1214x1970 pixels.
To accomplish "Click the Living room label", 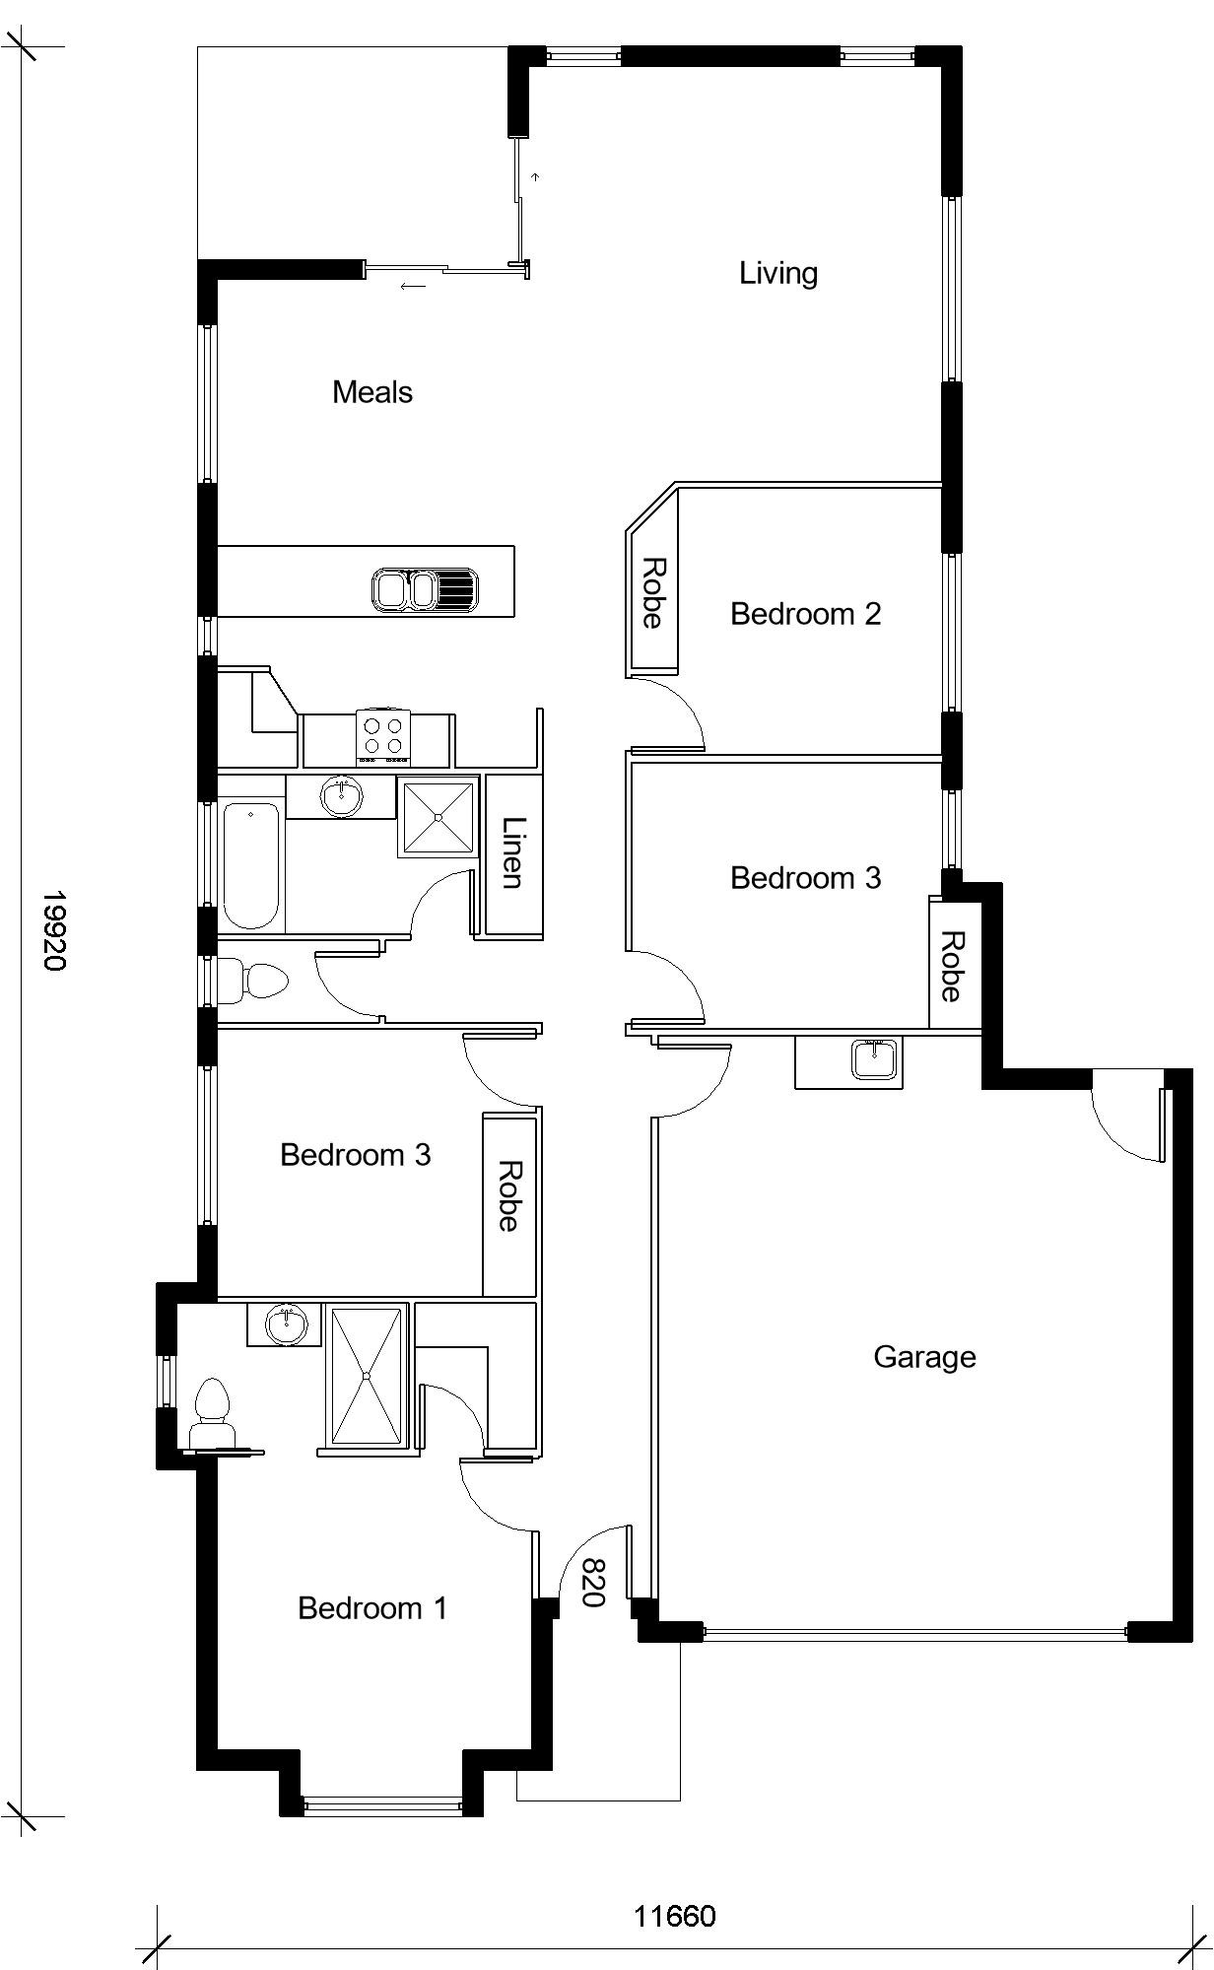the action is [778, 273].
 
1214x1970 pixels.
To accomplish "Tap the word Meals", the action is [372, 392].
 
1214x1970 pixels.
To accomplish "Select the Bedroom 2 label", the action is [805, 614].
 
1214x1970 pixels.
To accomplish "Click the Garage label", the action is [924, 1357].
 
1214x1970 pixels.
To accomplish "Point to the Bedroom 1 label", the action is [372, 1608].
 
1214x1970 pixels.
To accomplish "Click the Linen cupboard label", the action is [512, 852].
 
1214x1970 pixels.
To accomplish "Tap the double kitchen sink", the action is [425, 590].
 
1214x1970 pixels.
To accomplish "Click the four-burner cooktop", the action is [383, 736].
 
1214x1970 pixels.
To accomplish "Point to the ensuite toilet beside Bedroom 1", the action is [212, 1414].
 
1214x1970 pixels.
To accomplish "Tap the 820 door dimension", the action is [592, 1583].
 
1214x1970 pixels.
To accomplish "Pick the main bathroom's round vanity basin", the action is [341, 795].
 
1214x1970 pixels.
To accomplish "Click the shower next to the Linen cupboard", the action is [438, 817].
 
